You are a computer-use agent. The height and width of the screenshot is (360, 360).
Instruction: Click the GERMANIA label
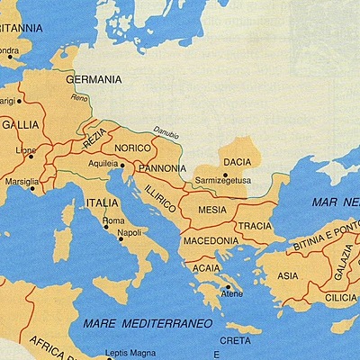[94, 79]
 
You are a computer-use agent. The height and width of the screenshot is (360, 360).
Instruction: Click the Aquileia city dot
[121, 166]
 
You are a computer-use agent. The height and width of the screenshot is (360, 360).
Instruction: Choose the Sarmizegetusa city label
[223, 180]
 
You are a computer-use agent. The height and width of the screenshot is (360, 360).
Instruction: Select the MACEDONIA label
[210, 241]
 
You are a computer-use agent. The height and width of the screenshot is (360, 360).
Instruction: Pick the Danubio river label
[166, 130]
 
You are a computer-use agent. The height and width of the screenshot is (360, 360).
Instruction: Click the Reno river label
[79, 98]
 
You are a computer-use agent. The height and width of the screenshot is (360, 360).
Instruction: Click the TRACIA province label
[255, 225]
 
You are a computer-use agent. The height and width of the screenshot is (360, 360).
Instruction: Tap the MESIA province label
[211, 209]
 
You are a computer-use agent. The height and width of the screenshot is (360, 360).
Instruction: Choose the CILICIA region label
[342, 296]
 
